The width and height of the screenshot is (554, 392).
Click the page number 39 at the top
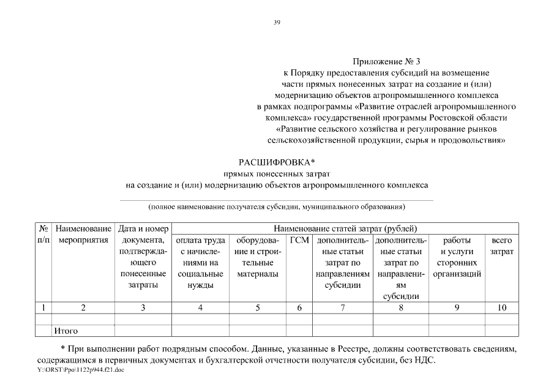277,23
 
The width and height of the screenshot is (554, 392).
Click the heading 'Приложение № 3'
387,62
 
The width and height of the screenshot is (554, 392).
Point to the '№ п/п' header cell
43,234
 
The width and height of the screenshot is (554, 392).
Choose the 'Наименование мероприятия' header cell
83,234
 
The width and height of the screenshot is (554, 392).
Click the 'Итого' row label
66,331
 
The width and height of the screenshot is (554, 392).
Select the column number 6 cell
299,308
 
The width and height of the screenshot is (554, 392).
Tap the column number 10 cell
502,308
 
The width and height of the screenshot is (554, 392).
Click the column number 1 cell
43,308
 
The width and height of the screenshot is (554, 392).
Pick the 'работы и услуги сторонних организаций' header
457,257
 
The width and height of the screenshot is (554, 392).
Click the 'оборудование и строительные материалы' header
257,257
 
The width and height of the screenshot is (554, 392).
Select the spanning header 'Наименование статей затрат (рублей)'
345,228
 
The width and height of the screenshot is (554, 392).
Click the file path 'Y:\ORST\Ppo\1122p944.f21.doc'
80,371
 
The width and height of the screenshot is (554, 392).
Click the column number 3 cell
143,308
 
